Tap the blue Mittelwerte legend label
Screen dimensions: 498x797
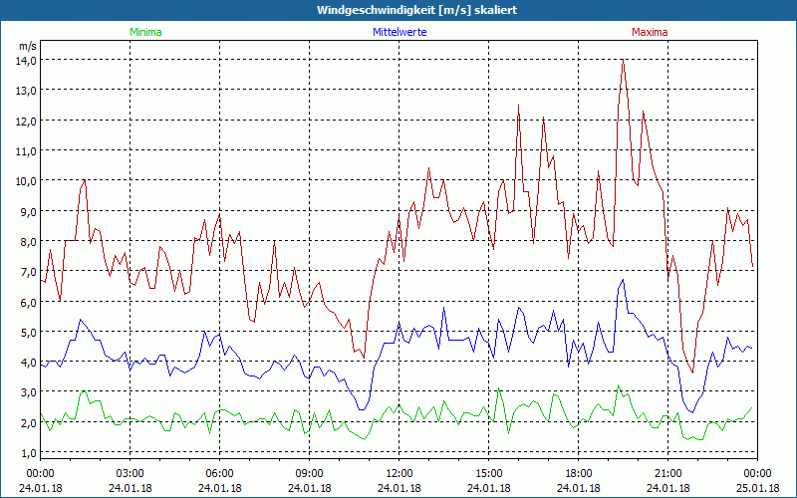click(398, 32)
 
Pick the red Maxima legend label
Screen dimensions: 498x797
click(650, 32)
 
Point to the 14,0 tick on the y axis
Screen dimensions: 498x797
click(25, 60)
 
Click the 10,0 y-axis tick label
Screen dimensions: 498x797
click(25, 180)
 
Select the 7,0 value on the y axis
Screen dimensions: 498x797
click(25, 271)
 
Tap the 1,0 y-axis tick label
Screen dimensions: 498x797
click(25, 452)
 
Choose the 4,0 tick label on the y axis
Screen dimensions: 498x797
click(25, 362)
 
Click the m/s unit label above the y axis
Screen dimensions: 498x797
click(27, 46)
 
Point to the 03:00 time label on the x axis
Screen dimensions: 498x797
click(131, 472)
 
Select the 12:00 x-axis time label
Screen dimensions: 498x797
click(399, 472)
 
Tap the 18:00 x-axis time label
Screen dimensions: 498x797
click(579, 472)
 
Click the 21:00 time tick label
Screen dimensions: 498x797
click(668, 472)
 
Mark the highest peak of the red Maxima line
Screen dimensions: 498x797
click(623, 61)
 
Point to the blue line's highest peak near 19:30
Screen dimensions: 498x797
click(623, 280)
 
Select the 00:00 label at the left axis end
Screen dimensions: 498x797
click(41, 472)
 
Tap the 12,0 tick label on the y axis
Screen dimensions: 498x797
click(25, 121)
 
